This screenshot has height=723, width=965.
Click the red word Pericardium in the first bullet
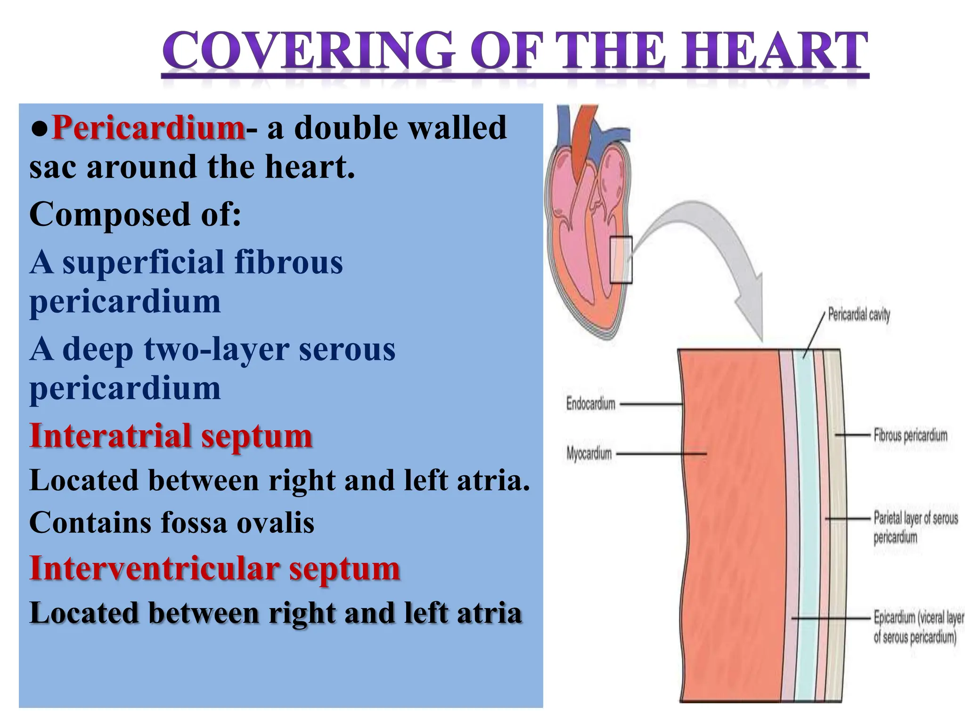[148, 128]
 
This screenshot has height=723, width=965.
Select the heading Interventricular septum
[214, 568]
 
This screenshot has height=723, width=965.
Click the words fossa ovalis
[237, 523]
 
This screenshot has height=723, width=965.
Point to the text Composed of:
[135, 215]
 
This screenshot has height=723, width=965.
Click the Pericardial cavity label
[859, 314]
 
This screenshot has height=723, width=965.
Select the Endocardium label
[590, 404]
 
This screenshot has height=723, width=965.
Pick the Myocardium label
[589, 454]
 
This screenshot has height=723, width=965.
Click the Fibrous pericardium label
[910, 435]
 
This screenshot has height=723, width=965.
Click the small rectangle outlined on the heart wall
[621, 260]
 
